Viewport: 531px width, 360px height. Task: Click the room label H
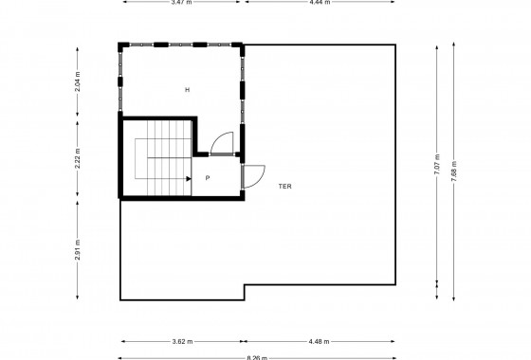pos(188,90)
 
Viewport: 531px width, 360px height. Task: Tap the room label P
pos(207,177)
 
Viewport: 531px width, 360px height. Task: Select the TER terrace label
pos(284,187)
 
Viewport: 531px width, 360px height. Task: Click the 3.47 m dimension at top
pos(181,3)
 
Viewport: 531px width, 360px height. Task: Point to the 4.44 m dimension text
pos(319,3)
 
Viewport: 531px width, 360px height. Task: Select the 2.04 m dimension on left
pos(77,82)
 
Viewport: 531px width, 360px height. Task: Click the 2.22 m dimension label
pos(77,157)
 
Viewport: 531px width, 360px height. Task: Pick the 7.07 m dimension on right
pos(437,165)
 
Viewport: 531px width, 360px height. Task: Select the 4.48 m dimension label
pos(320,342)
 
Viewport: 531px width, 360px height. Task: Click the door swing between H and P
pos(222,142)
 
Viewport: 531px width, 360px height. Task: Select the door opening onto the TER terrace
pos(253,175)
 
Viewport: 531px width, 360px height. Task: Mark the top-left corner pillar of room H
pos(121,45)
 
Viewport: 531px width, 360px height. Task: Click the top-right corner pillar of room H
pos(240,45)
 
